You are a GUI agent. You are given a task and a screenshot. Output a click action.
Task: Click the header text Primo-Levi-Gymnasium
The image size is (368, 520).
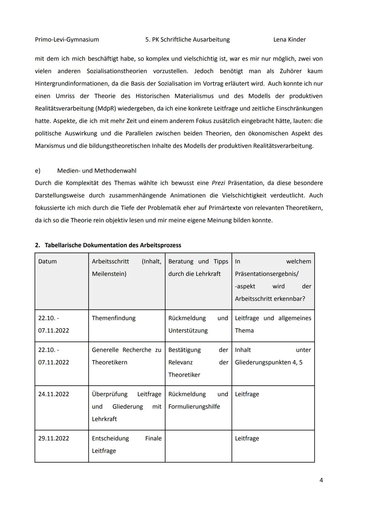tap(67, 40)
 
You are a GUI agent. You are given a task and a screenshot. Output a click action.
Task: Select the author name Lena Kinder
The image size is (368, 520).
tap(289, 40)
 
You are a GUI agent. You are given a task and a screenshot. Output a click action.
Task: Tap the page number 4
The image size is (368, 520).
tap(321, 480)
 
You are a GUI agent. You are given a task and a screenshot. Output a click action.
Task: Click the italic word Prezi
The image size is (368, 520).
tap(218, 183)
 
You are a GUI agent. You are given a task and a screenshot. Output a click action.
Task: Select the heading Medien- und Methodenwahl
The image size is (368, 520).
tap(96, 170)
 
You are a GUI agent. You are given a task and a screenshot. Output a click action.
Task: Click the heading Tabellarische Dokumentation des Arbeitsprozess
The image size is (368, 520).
tap(112, 245)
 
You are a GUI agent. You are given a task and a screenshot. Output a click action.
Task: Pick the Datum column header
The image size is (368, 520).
tap(47, 262)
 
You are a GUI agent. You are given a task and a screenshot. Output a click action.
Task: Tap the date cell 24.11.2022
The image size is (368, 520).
tap(53, 394)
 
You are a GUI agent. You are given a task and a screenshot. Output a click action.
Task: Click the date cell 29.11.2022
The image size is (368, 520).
tap(53, 439)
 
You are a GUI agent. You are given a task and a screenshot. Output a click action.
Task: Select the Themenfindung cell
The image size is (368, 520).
tap(113, 318)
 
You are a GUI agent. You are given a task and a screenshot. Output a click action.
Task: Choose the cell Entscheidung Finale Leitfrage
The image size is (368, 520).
tap(126, 445)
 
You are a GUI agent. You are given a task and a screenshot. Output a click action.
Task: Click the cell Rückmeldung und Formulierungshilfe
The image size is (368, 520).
tap(198, 400)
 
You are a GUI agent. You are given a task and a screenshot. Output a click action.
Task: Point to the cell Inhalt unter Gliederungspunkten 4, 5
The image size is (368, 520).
tap(273, 356)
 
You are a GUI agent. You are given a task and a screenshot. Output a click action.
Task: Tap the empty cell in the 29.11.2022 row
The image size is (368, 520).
tap(198, 446)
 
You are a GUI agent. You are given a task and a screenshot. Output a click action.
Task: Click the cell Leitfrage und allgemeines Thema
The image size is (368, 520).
tap(273, 324)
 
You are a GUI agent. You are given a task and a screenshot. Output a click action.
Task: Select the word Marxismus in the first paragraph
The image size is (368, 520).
tap(50, 146)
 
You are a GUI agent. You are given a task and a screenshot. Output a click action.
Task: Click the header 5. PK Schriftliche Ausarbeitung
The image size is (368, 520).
tap(187, 40)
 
